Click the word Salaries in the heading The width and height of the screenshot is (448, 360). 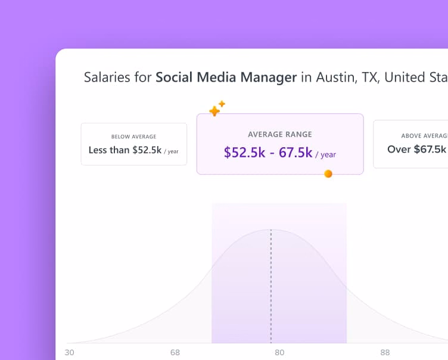pyautogui.click(x=105, y=77)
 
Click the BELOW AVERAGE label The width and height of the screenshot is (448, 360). pyautogui.click(x=133, y=137)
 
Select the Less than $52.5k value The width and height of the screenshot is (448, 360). pyautogui.click(x=125, y=150)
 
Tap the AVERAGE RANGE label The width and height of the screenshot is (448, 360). pyautogui.click(x=279, y=135)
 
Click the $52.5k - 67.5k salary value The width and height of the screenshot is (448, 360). pyautogui.click(x=268, y=153)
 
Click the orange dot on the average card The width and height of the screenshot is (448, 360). pyautogui.click(x=328, y=174)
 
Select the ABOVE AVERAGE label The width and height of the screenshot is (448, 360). pyautogui.click(x=425, y=136)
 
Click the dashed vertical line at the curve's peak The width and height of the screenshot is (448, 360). pyautogui.click(x=271, y=286)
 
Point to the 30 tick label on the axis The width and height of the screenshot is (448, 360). pyautogui.click(x=70, y=352)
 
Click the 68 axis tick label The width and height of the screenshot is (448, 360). pyautogui.click(x=175, y=352)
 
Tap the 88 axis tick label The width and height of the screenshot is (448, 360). pyautogui.click(x=385, y=352)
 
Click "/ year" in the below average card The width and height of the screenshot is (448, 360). pyautogui.click(x=172, y=151)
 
